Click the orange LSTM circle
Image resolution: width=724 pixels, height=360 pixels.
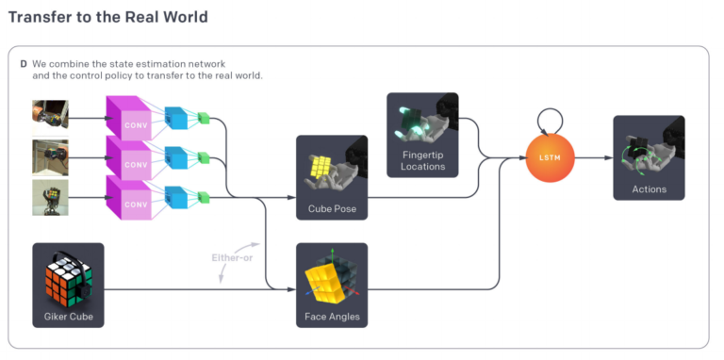click(550, 157)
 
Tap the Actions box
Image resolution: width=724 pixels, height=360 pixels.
click(649, 157)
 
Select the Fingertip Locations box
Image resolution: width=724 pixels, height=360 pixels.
click(422, 135)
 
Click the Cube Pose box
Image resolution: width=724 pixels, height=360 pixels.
click(332, 177)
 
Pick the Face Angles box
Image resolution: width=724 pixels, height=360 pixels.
click(332, 285)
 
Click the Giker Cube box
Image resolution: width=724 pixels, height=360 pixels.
click(68, 285)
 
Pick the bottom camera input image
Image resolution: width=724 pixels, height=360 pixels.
click(50, 197)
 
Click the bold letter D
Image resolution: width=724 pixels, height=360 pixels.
click(24, 63)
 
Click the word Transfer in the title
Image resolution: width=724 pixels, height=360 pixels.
click(41, 17)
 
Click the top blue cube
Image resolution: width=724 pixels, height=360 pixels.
click(176, 118)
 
